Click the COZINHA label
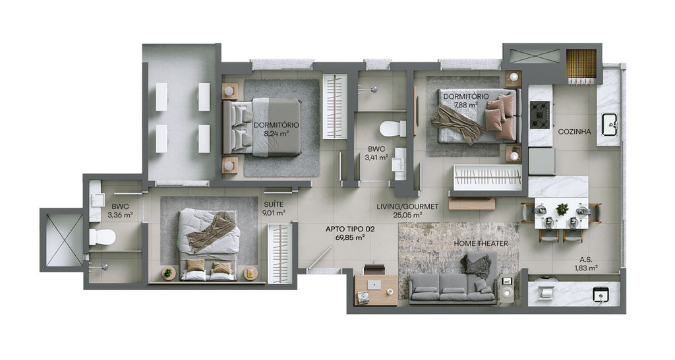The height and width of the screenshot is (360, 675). pyautogui.click(x=574, y=132)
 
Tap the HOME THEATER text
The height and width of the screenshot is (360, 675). pyautogui.click(x=481, y=244)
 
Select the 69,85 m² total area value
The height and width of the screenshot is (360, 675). pyautogui.click(x=351, y=237)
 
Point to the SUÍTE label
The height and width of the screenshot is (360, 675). pyautogui.click(x=274, y=204)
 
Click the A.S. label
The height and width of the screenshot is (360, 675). pyautogui.click(x=585, y=260)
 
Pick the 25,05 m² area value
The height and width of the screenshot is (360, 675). pyautogui.click(x=407, y=214)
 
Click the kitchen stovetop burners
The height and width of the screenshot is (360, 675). pyautogui.click(x=540, y=115)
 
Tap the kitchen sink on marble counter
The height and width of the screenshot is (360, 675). pyautogui.click(x=610, y=125)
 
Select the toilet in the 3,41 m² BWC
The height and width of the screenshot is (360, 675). pyautogui.click(x=392, y=129)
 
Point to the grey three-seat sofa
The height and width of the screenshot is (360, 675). pyautogui.click(x=452, y=289)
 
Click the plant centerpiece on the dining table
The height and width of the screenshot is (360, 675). pyautogui.click(x=562, y=209)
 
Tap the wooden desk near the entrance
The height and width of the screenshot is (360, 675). pyautogui.click(x=376, y=290)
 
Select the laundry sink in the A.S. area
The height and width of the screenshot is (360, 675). pyautogui.click(x=601, y=295)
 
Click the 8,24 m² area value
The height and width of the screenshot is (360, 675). pyautogui.click(x=276, y=133)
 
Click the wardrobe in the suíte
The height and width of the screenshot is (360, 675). pyautogui.click(x=279, y=253)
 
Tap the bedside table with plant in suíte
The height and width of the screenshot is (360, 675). pyautogui.click(x=168, y=273)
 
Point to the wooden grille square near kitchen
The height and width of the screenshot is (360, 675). pyautogui.click(x=581, y=64)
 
